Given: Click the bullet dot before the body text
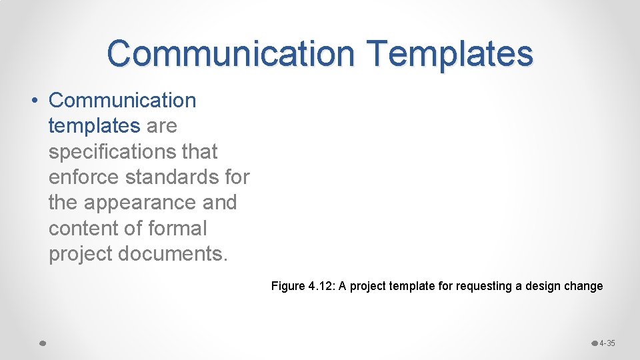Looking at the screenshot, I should click(x=33, y=101).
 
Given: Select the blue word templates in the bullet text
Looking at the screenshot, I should click(x=94, y=125).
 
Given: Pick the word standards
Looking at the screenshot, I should click(x=173, y=177).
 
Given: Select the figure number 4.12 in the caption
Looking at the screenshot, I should click(x=321, y=286).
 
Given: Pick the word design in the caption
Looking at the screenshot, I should click(x=544, y=286).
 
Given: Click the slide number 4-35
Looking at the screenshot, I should click(x=607, y=343).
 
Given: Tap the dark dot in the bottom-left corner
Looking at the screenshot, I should click(x=41, y=343).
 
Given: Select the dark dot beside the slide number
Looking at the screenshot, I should click(x=595, y=343).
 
